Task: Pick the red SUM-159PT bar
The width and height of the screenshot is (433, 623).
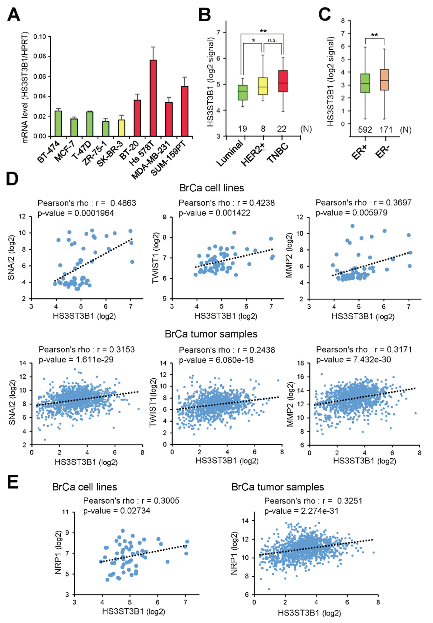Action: coord(185,111)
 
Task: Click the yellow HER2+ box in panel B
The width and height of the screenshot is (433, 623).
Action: coord(262,86)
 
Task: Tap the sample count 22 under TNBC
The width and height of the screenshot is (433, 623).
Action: coord(282,129)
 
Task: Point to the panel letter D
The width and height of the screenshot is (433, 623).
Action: coord(12,179)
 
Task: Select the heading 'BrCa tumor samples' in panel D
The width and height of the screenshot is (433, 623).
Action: coord(211,334)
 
